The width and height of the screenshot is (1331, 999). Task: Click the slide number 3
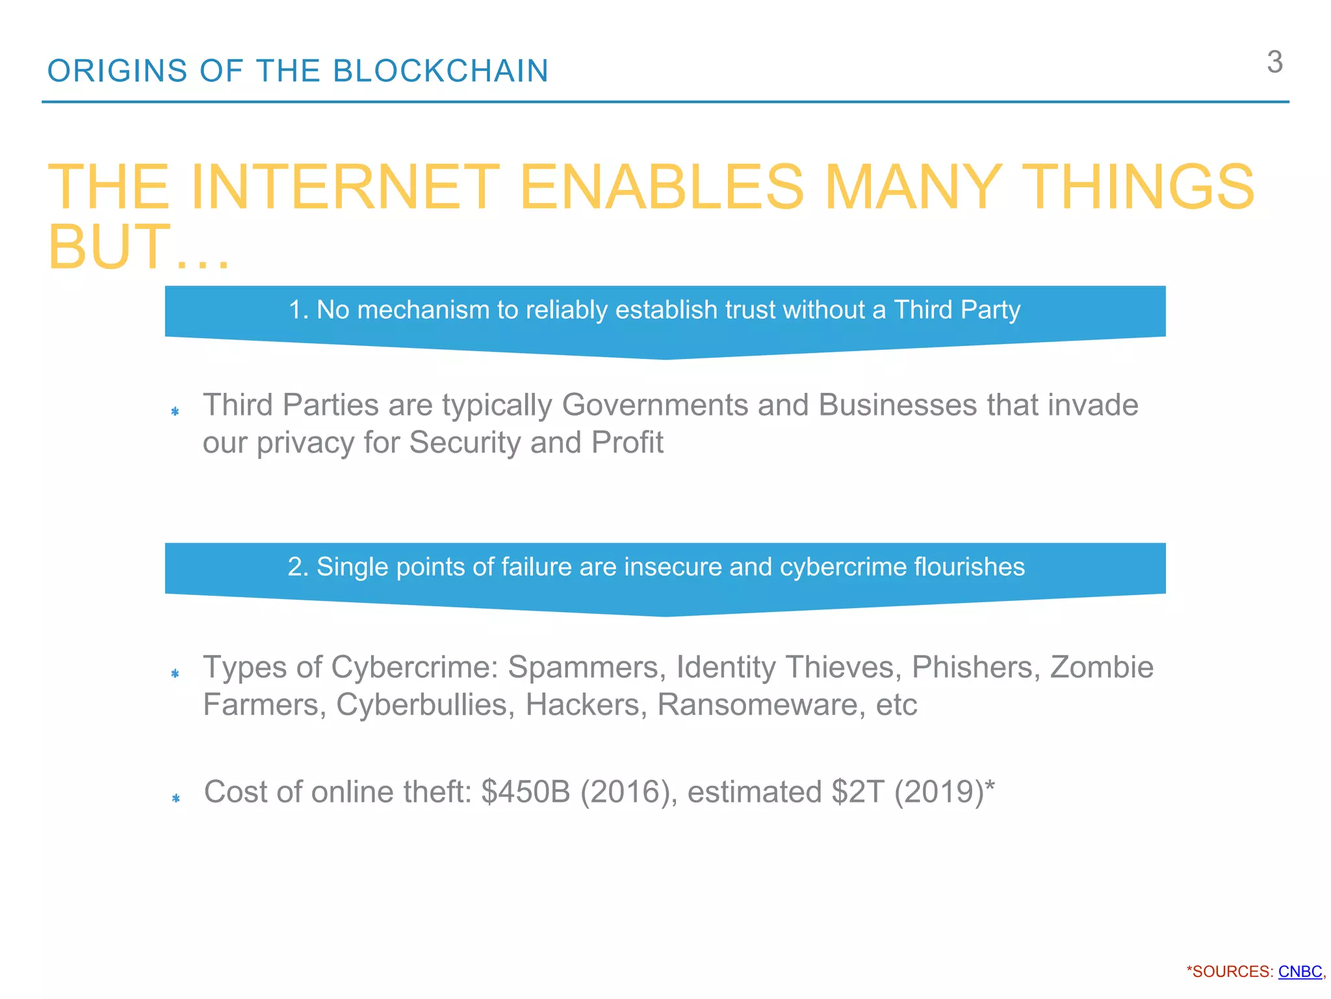point(1274,62)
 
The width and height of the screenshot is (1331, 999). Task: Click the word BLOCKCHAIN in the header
point(441,71)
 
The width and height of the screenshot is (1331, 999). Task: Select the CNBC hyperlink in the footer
point(1300,972)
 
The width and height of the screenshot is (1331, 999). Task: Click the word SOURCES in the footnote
point(1232,972)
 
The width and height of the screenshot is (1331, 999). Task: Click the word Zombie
point(1102,667)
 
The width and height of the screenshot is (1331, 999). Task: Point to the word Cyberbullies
point(422,705)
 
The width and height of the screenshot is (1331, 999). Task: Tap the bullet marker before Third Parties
point(175,411)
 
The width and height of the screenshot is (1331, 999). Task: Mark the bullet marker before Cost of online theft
point(175,798)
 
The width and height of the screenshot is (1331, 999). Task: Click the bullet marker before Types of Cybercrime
point(175,673)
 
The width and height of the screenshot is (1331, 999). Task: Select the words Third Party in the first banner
point(957,310)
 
